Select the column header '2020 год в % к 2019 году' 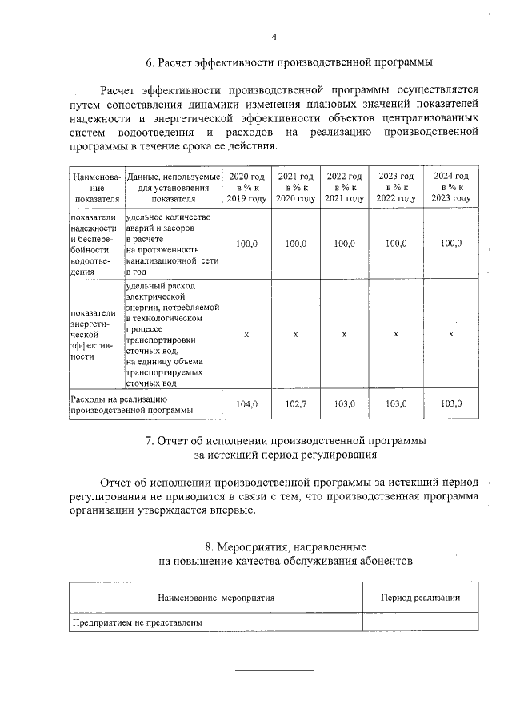point(246,187)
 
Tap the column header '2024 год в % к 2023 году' point(451,187)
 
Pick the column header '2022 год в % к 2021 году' point(344,187)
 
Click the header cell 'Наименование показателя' point(95,187)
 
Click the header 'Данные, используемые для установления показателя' point(173,187)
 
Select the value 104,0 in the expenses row point(246,404)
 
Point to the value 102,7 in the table point(295,404)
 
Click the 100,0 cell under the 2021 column point(295,244)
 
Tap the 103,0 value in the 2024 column point(451,404)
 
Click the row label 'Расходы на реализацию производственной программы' point(133,404)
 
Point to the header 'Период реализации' point(420,598)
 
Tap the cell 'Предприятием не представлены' point(137,622)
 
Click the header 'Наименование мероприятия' point(215,598)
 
